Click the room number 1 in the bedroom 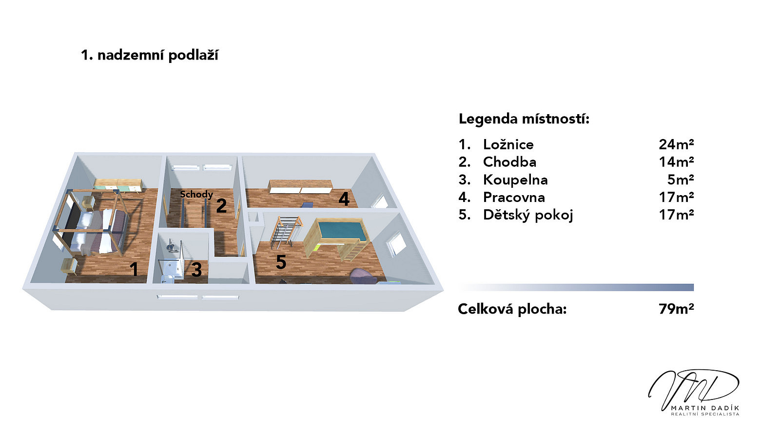[x=134, y=269]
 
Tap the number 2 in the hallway [x=221, y=205]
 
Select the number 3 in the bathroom [x=196, y=270]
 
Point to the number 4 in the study [x=344, y=199]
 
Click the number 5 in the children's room [x=281, y=262]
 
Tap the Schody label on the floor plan [x=196, y=195]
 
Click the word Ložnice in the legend [x=508, y=144]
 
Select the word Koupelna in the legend [x=515, y=180]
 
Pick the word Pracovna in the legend [x=514, y=198]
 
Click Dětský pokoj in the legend [x=528, y=215]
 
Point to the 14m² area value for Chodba [x=676, y=162]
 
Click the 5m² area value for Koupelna [x=681, y=180]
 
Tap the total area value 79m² [x=676, y=309]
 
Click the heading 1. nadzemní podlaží [x=150, y=56]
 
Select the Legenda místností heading [x=524, y=119]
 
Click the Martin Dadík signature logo [x=694, y=392]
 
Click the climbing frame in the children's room [x=286, y=232]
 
